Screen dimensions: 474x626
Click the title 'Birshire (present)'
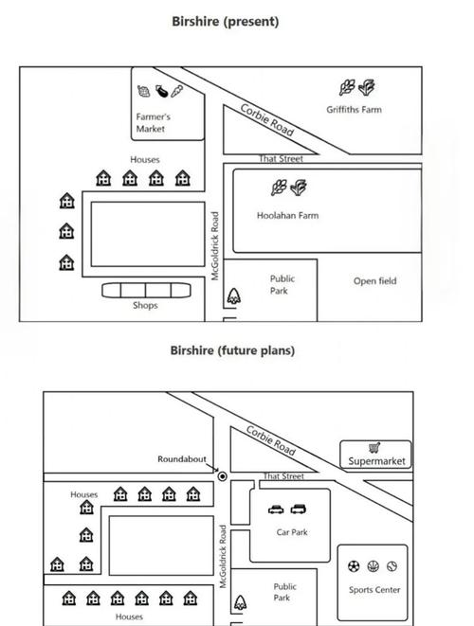coord(225,22)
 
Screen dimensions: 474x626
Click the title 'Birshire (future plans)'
coord(232,350)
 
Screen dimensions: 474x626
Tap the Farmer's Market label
coord(153,122)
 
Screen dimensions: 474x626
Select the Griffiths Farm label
coord(354,110)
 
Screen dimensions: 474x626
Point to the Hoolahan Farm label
coord(287,216)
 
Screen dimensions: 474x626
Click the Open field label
coord(374,281)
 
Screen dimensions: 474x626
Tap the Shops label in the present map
coord(145,305)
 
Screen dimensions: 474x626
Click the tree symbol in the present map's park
coord(234,296)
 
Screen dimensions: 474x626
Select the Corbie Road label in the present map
coord(267,119)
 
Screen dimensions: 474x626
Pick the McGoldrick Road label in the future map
coord(223,556)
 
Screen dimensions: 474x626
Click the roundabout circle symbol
coord(223,476)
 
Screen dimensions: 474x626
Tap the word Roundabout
coord(181,459)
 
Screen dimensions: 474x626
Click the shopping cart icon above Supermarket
coord(374,448)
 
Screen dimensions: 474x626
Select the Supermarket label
coord(376,461)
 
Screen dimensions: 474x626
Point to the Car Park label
coord(292,532)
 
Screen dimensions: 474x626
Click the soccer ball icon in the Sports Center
coord(354,566)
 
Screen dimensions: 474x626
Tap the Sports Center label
coord(374,590)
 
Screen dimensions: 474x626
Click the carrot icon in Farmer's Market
coord(176,91)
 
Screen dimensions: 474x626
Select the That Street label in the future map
coord(283,475)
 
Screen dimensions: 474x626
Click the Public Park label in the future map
coord(284,592)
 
